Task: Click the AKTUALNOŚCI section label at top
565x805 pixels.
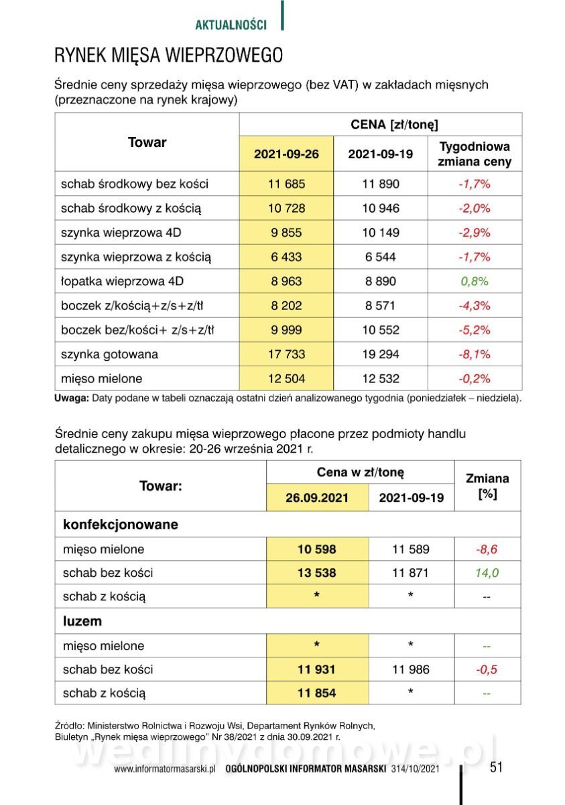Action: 231,25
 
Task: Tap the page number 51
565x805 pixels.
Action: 496,767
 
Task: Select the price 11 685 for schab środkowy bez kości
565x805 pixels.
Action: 286,184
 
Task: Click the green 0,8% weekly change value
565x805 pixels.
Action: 475,281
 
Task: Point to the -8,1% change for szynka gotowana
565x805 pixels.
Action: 475,354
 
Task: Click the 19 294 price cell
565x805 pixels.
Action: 381,354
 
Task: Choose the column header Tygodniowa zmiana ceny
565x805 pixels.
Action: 475,154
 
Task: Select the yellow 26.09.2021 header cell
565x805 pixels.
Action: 317,498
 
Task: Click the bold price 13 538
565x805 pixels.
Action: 317,573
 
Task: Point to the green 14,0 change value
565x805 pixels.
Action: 487,573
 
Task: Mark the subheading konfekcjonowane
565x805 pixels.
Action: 121,525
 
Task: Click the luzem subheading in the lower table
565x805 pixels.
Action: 82,621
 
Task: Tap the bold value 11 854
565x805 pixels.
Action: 317,693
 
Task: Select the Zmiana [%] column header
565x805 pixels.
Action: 487,486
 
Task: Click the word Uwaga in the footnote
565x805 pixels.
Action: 71,398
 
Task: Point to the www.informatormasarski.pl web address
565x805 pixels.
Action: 164,769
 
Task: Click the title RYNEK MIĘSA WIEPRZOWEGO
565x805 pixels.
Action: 168,55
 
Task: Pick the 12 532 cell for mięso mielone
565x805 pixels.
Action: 381,378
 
